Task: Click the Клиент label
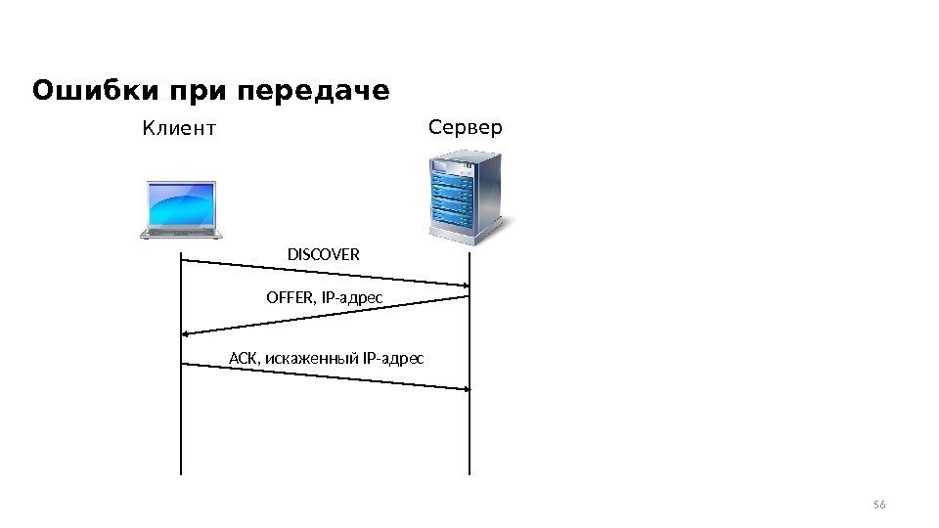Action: pos(178,128)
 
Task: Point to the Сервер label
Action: pos(466,127)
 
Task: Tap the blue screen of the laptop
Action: pos(180,203)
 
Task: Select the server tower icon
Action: pos(466,194)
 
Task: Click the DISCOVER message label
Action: pos(323,255)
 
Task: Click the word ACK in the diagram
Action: pos(241,358)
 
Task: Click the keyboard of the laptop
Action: pos(180,232)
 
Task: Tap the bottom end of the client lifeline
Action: pos(181,472)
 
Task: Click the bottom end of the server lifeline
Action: pos(469,472)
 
